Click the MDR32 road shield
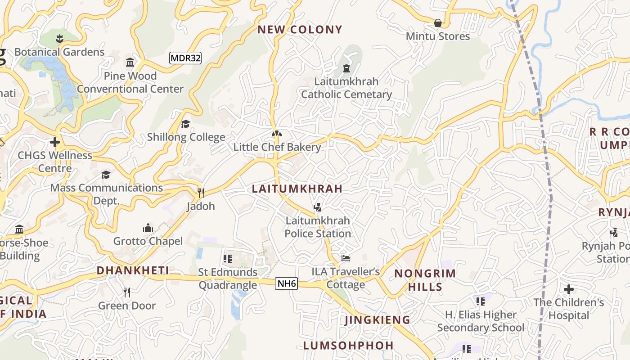point(185,58)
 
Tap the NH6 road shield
point(287,283)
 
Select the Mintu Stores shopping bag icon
point(437,22)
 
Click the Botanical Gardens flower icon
point(59,38)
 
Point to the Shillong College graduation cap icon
point(185,124)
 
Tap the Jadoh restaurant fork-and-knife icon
point(201,193)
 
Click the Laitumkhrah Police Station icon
point(318,207)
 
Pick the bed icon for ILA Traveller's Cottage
point(346,258)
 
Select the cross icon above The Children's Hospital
point(569,289)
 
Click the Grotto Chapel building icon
point(148,228)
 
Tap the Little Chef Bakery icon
point(277,134)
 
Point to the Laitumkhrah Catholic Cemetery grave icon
point(346,68)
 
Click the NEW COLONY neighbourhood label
point(300,30)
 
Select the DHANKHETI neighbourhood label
point(133,270)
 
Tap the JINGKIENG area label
point(377,320)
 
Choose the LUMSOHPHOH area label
point(348,346)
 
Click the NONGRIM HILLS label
point(425,280)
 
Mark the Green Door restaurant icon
point(127,292)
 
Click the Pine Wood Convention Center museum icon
point(130,62)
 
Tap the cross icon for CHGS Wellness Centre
point(55,142)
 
